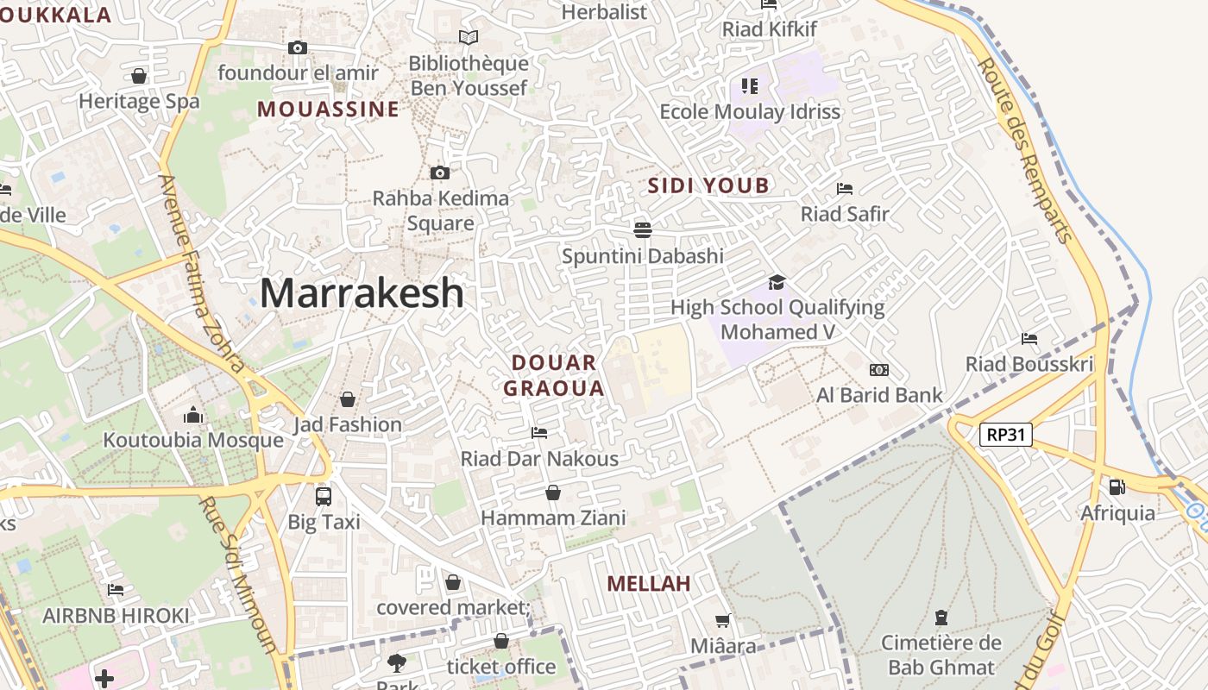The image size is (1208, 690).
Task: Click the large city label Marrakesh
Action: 362,293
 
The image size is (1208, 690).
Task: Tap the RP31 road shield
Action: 1006,434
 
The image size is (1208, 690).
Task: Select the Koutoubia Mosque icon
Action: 193,416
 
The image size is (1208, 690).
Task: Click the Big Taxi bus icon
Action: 324,496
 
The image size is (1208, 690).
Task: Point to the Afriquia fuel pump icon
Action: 1117,487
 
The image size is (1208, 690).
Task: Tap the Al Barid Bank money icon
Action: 879,370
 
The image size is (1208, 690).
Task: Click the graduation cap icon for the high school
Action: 777,282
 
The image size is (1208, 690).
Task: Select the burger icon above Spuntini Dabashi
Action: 642,229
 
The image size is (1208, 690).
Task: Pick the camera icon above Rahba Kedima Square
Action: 440,172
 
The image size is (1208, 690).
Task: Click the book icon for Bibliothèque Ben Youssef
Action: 469,38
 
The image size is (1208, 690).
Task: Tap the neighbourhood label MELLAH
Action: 649,584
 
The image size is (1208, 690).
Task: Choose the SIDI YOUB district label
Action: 708,185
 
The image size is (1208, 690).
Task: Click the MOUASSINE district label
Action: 328,110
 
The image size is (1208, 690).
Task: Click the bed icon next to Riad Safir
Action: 845,188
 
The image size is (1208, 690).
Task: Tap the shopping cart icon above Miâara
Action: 723,621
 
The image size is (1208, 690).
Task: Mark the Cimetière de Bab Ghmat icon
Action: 941,618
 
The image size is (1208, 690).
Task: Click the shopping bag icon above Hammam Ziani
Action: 553,492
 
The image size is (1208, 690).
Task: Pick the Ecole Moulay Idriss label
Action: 750,112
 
